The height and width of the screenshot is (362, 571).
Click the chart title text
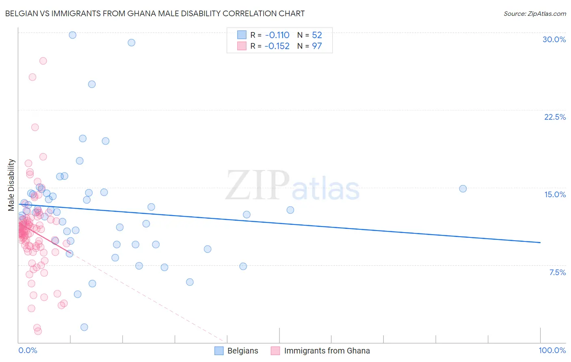pyautogui.click(x=155, y=13)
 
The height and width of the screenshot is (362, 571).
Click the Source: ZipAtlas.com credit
pyautogui.click(x=534, y=13)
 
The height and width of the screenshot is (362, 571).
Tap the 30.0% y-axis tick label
pyautogui.click(x=554, y=39)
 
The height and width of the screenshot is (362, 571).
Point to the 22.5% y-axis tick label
pyautogui.click(x=555, y=117)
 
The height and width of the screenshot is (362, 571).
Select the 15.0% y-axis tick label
pyautogui.click(x=555, y=194)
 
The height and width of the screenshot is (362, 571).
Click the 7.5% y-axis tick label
pyautogui.click(x=557, y=272)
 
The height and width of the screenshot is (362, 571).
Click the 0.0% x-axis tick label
pyautogui.click(x=28, y=350)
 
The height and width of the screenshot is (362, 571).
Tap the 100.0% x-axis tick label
pyautogui.click(x=552, y=350)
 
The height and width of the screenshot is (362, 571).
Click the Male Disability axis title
pyautogui.click(x=11, y=185)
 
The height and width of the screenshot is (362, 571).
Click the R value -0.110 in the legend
pyautogui.click(x=277, y=35)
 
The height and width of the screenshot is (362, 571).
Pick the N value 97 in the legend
pyautogui.click(x=317, y=46)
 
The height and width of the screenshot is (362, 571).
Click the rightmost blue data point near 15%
pyautogui.click(x=463, y=189)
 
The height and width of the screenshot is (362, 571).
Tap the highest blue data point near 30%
pyautogui.click(x=73, y=35)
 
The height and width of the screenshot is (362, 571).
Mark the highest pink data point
pyautogui.click(x=43, y=61)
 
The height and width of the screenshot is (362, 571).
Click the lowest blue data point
pyautogui.click(x=84, y=327)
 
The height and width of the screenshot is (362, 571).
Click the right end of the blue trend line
pyautogui.click(x=540, y=242)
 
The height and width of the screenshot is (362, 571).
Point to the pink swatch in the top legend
pyautogui.click(x=242, y=46)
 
